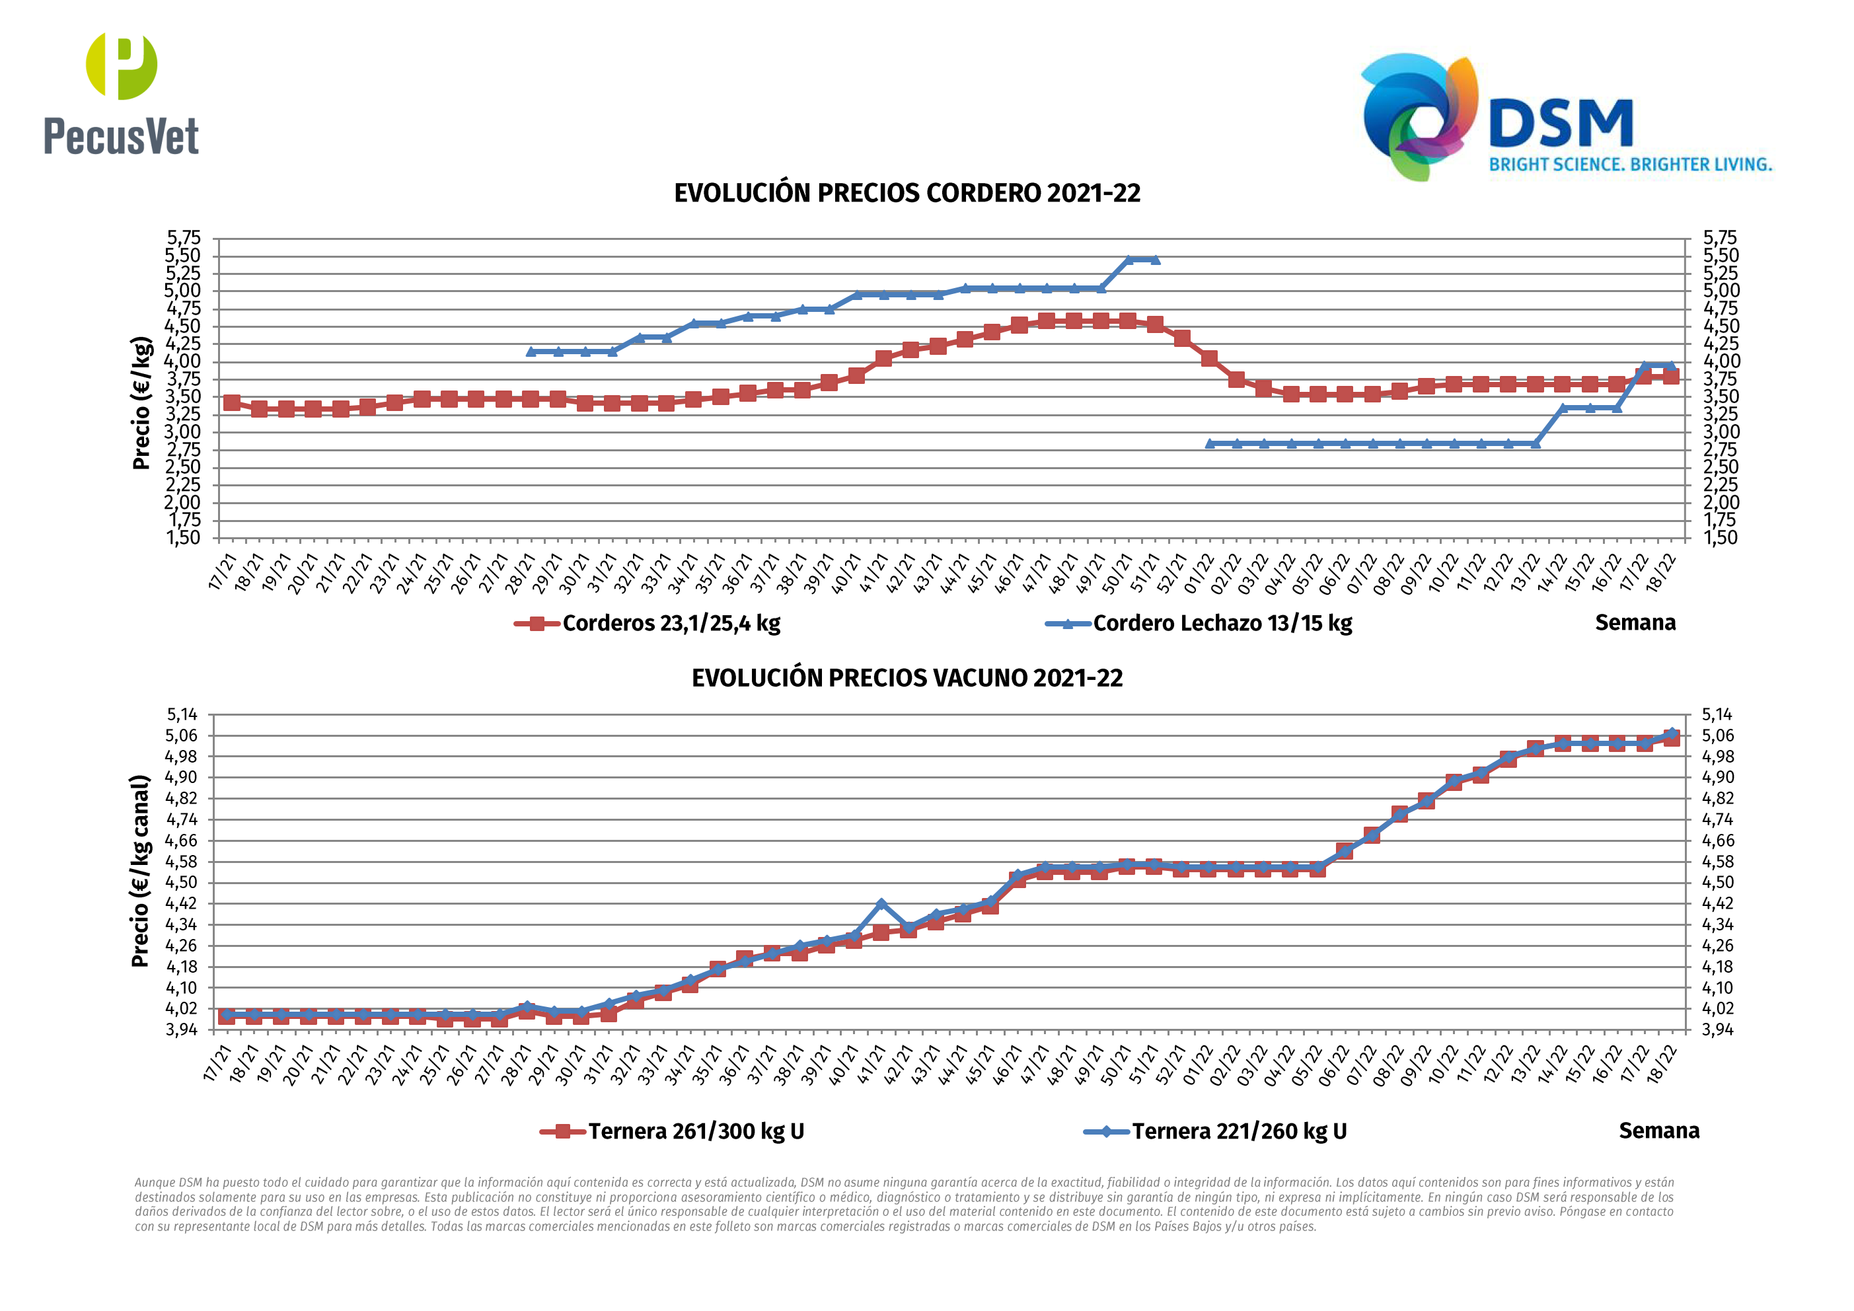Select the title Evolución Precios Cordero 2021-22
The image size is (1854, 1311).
coord(907,194)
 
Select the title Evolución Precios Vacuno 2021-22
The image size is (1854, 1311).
coord(907,678)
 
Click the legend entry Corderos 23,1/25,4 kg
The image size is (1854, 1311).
coord(670,624)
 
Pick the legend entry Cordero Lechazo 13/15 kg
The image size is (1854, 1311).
coord(1222,624)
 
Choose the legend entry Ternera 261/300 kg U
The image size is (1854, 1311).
coord(695,1132)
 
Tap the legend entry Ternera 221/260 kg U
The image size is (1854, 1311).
coord(1239,1132)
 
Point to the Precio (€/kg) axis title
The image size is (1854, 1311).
coord(141,402)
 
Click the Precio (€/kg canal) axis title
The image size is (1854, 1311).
coord(141,871)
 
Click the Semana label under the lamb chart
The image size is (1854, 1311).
coord(1635,622)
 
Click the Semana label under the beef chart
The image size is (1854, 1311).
coord(1658,1131)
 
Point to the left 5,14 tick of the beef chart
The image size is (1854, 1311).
coord(182,715)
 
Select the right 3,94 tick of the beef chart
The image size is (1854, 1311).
coord(1717,1030)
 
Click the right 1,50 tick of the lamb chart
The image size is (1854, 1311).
coord(1720,538)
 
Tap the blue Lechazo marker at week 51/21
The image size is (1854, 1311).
coord(1156,259)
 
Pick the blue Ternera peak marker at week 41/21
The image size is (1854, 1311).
coord(881,905)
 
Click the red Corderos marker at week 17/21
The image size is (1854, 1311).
coord(232,402)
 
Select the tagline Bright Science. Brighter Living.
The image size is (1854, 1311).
coord(1630,165)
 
